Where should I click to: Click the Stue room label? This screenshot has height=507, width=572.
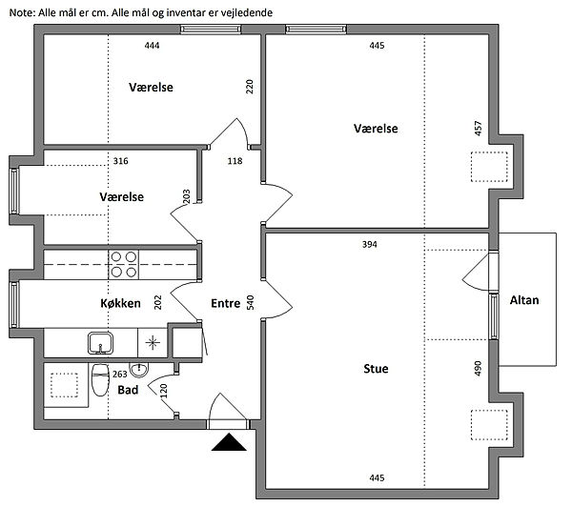[x=376, y=369]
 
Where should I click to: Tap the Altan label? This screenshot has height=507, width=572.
[x=524, y=300]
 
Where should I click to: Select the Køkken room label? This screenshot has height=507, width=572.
[x=120, y=303]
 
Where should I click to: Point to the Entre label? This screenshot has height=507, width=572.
[x=225, y=303]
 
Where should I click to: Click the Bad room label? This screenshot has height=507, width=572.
[x=128, y=390]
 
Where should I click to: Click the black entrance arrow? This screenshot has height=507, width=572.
[x=229, y=441]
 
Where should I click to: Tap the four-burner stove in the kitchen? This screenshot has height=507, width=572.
[x=124, y=265]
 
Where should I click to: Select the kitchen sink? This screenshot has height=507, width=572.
[x=100, y=343]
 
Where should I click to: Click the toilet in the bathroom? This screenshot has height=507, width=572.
[x=100, y=379]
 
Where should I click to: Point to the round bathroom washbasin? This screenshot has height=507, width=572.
[x=139, y=370]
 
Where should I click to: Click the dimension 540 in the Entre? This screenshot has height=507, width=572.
[x=250, y=303]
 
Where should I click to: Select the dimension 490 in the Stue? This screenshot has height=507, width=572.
[x=478, y=369]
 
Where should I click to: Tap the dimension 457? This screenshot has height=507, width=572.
[x=478, y=129]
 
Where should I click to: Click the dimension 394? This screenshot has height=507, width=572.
[x=370, y=244]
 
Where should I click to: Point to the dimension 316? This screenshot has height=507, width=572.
[x=120, y=161]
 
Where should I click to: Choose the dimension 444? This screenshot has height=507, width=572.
[x=153, y=45]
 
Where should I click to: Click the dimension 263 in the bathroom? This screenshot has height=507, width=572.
[x=120, y=375]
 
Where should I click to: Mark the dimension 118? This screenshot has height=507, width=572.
[x=235, y=161]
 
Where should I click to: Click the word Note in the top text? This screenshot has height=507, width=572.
[x=22, y=12]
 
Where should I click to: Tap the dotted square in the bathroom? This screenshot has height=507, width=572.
[x=64, y=385]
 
